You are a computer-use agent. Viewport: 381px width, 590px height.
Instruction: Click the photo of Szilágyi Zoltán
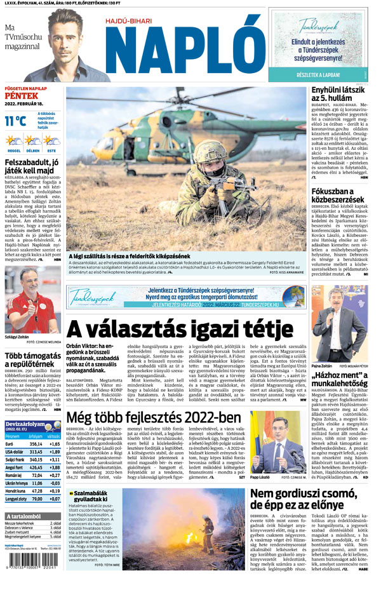[x=32, y=305]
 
